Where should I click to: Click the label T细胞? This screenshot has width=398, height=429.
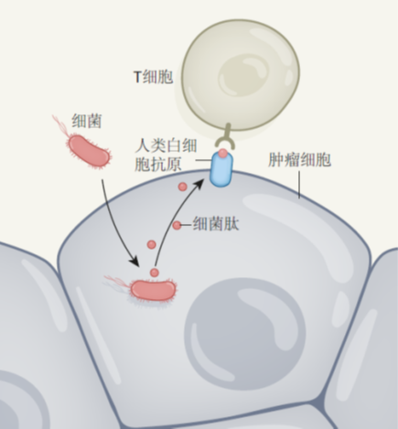click(x=154, y=77)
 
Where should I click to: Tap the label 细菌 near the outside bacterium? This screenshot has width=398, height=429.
click(x=87, y=121)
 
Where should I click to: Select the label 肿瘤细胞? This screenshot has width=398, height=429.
click(x=299, y=160)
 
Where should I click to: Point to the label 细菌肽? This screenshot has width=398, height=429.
click(x=216, y=224)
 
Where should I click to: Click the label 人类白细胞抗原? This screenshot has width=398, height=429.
click(x=166, y=155)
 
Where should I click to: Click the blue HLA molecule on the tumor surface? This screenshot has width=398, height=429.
click(x=221, y=169)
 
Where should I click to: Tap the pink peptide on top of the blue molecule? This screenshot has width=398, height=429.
click(x=223, y=153)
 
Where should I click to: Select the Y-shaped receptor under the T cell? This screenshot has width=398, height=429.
click(x=226, y=136)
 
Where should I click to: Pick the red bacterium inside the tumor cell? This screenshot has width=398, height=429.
click(x=154, y=290)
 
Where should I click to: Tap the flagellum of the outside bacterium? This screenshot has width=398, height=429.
click(x=60, y=125)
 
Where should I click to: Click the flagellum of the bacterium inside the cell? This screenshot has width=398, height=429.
click(x=117, y=282)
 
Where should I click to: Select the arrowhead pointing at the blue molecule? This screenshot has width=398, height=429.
click(x=199, y=184)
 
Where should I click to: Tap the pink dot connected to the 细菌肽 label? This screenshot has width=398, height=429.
click(x=177, y=225)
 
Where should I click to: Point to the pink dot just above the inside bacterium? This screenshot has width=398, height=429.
click(x=155, y=273)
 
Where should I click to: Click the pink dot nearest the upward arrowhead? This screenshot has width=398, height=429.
click(x=182, y=187)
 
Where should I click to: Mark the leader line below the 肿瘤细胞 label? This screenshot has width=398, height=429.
click(x=299, y=185)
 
